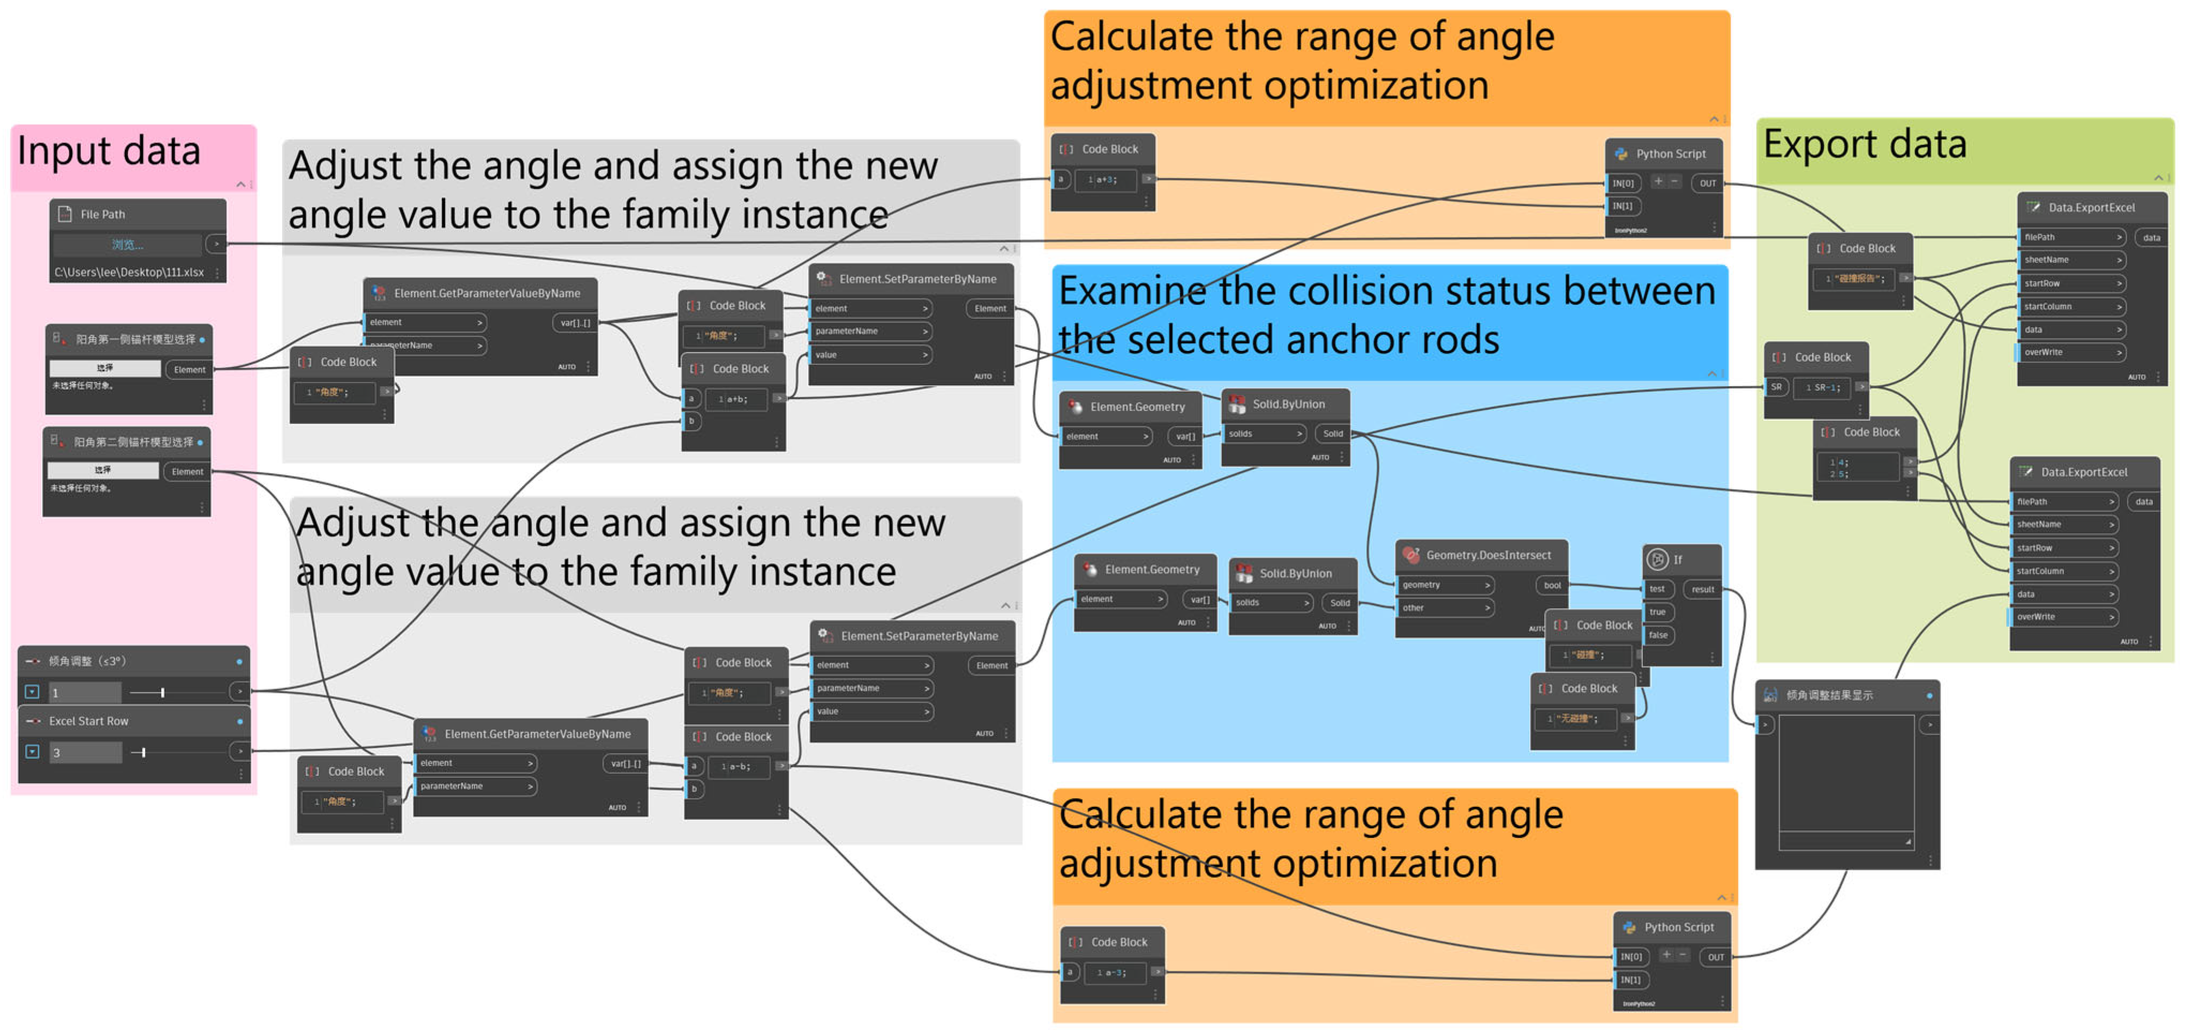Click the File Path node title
pos(103,215)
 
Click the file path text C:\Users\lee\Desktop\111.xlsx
pos(129,272)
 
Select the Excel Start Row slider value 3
pos(84,752)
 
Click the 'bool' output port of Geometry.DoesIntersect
pos(1551,585)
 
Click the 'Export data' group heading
pos(1864,144)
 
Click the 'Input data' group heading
pos(109,151)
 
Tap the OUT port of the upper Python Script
pos(1707,183)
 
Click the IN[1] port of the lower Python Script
pos(1630,980)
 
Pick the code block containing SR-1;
pos(1821,388)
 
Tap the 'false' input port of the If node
pos(1657,634)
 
